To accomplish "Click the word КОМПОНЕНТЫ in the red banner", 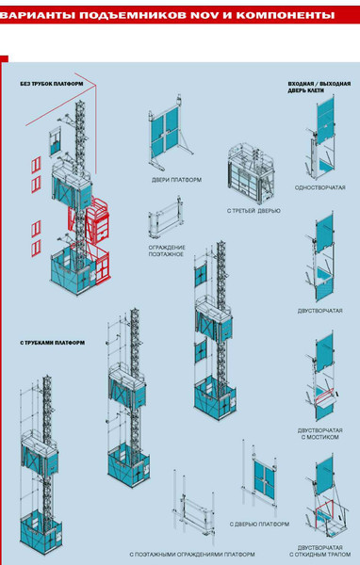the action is click(286, 15).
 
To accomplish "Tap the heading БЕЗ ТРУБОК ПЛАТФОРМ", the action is click(52, 84).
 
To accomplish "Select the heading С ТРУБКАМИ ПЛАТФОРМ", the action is click(53, 343).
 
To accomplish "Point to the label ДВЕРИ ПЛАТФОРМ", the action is click(176, 180).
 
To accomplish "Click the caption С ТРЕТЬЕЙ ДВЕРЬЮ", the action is click(254, 211).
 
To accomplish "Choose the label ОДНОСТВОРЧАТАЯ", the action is click(320, 187).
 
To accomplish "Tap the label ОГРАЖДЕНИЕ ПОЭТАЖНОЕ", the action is click(167, 250).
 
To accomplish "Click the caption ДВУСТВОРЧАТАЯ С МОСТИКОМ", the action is click(320, 433).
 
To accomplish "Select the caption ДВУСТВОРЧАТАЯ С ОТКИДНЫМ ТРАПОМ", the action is click(320, 551).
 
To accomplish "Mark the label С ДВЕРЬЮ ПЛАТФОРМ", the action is click(259, 525).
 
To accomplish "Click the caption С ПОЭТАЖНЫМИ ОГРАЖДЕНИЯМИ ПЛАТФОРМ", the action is click(192, 555).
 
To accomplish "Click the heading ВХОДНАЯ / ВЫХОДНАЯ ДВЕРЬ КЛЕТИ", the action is click(319, 88).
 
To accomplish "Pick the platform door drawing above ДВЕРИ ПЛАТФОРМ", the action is click(169, 133).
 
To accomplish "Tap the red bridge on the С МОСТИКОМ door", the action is click(324, 396).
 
